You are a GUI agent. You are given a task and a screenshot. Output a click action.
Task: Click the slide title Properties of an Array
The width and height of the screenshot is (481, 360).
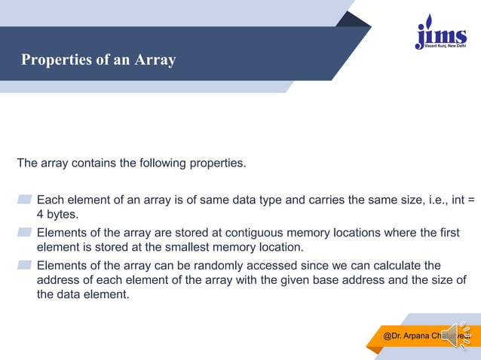[x=98, y=59]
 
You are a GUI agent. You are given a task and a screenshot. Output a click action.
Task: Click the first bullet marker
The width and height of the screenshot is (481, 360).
[x=24, y=200]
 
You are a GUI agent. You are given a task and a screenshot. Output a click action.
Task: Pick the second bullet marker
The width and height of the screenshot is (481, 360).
[x=24, y=232]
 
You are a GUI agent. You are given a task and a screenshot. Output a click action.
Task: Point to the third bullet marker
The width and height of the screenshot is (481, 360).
[x=24, y=265]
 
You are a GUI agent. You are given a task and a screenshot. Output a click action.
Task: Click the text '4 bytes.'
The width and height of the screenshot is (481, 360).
[x=58, y=215]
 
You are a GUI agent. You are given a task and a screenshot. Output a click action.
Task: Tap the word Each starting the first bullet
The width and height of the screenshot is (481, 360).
[x=50, y=200]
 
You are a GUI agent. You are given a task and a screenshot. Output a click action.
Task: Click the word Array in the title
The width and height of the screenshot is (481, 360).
[x=155, y=59]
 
